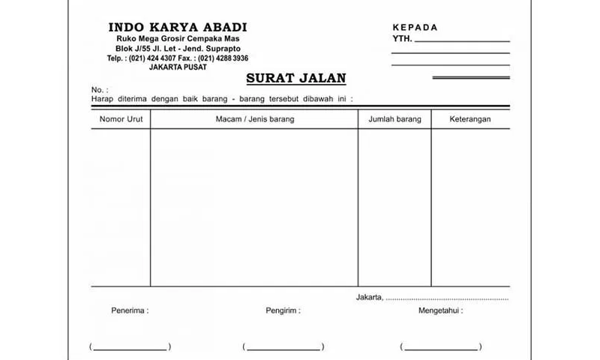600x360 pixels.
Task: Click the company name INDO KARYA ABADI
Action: click(x=178, y=28)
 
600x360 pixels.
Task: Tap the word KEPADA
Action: click(x=415, y=28)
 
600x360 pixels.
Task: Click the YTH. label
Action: click(x=402, y=39)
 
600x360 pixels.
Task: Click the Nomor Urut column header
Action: click(x=121, y=119)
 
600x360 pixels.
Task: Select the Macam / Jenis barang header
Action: click(x=254, y=119)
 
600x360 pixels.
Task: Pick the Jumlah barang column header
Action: click(x=394, y=119)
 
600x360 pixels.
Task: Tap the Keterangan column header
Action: click(x=469, y=119)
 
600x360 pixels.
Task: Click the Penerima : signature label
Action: click(x=130, y=310)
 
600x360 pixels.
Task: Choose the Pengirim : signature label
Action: click(x=283, y=310)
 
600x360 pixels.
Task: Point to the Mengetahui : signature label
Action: click(x=440, y=310)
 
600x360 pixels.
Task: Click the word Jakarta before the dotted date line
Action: click(x=369, y=298)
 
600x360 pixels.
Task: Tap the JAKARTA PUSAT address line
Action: click(x=178, y=67)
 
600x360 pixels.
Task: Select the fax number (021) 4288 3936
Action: click(x=223, y=58)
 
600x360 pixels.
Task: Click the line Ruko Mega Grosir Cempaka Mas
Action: click(x=178, y=39)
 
